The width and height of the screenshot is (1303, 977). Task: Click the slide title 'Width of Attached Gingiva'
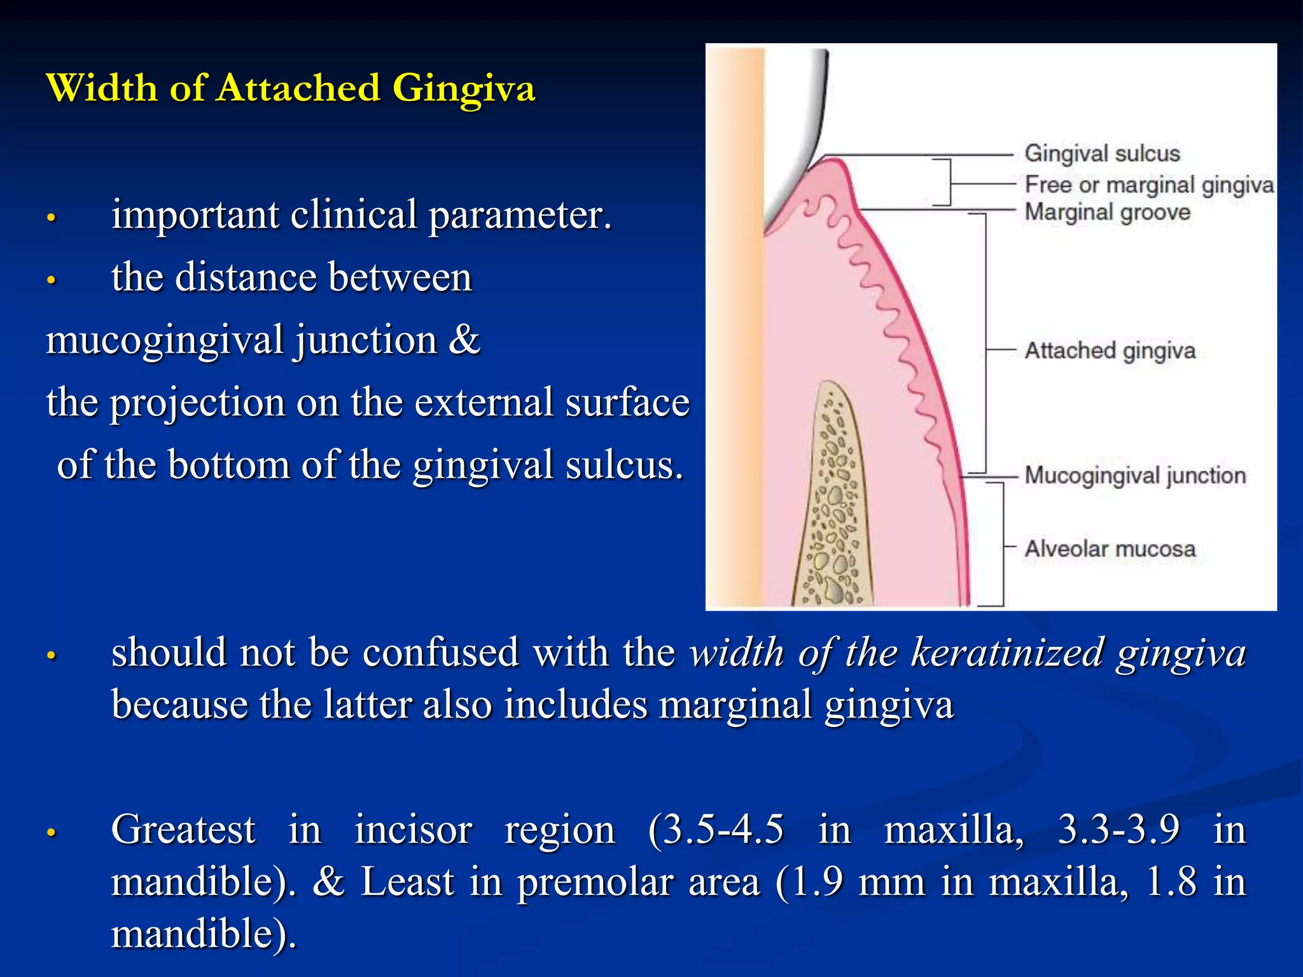point(291,88)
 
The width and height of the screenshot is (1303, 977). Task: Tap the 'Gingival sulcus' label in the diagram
point(1102,153)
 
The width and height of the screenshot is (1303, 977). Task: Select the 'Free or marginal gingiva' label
point(1149,184)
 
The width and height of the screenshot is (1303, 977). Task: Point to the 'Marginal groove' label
point(1107,212)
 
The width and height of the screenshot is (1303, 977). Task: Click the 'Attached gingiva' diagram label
point(1110,350)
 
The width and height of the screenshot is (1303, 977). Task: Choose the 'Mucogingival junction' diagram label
point(1134,475)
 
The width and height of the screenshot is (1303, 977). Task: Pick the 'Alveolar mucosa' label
point(1110,548)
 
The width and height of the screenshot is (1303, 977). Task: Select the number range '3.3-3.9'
point(1118,829)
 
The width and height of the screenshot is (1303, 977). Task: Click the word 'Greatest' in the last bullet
point(183,829)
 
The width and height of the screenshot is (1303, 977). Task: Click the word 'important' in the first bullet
point(195,214)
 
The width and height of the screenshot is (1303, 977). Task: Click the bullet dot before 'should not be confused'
point(52,656)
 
